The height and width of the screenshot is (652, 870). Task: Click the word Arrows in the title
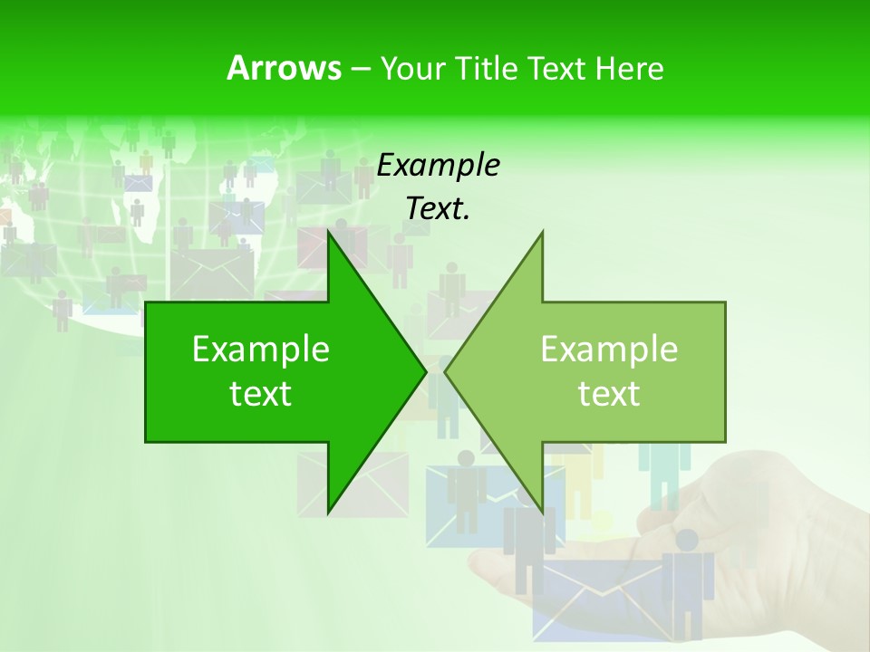[x=284, y=68]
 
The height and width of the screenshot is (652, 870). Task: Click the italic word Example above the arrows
[x=438, y=166]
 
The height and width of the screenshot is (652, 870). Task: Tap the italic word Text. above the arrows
[x=438, y=209]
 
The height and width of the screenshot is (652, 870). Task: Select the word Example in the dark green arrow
[x=261, y=350]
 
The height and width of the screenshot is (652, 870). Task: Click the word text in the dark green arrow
[x=261, y=394]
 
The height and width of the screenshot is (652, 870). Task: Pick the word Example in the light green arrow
[x=609, y=350]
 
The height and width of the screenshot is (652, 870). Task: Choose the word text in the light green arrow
[x=609, y=394]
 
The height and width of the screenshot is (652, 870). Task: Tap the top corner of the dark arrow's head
[x=329, y=232]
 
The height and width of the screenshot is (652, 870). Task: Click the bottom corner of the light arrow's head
[x=542, y=511]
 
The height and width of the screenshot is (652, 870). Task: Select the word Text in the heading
[x=556, y=69]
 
